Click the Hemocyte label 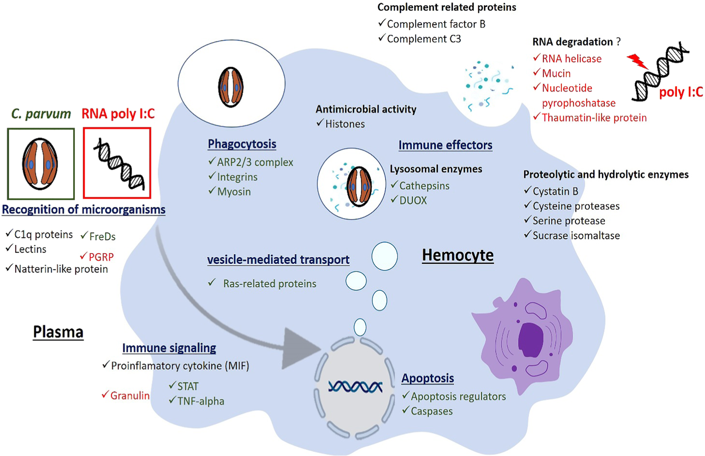(x=458, y=255)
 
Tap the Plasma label (x=58, y=332)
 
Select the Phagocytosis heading (x=242, y=144)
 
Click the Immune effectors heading (x=445, y=145)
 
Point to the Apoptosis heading (x=428, y=378)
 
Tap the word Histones (x=345, y=124)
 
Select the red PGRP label (x=101, y=257)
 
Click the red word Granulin (x=130, y=396)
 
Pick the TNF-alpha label (x=201, y=401)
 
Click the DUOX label (x=413, y=201)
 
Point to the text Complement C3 (x=424, y=39)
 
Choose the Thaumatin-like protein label (x=594, y=118)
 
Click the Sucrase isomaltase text (x=576, y=235)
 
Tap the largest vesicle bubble (x=385, y=256)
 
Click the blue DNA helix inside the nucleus (x=355, y=387)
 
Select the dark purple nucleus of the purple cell (x=531, y=340)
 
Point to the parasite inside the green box (x=40, y=164)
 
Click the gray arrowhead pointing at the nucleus (x=299, y=348)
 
